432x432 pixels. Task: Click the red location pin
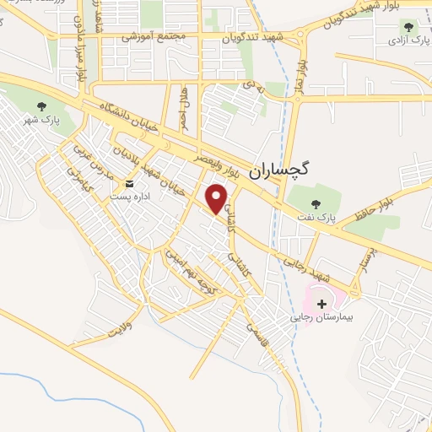(218, 198)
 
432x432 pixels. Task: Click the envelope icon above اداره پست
(129, 183)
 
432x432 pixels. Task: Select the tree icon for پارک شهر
(42, 106)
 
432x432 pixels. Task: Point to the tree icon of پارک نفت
(316, 203)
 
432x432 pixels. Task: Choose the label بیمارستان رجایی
(321, 318)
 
